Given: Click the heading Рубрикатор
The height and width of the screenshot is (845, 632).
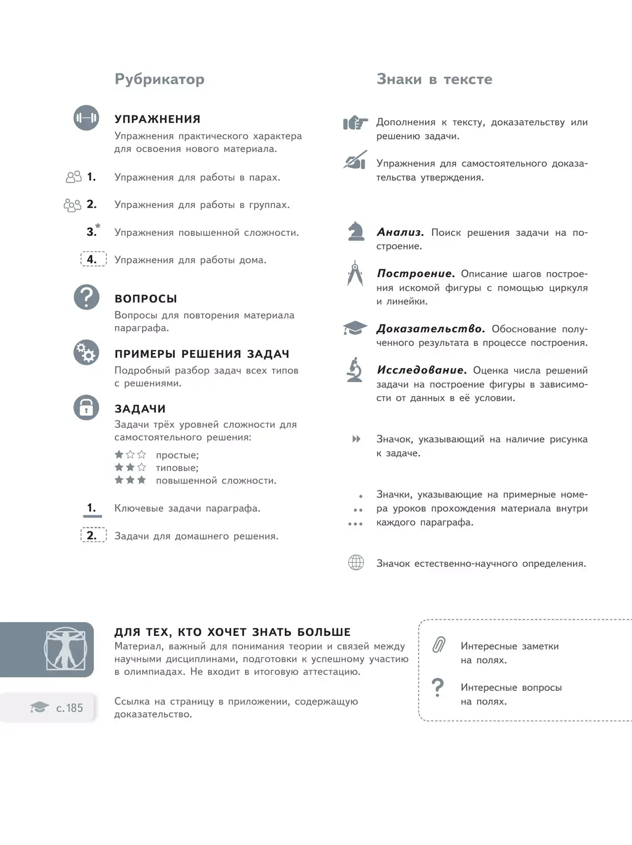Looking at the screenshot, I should click(160, 80).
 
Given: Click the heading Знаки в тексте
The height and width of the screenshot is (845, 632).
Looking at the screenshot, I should click(434, 80).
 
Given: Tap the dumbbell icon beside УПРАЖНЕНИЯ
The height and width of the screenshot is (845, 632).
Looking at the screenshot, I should click(86, 117).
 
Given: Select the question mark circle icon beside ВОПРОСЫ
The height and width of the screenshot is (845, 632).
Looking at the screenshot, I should click(86, 297).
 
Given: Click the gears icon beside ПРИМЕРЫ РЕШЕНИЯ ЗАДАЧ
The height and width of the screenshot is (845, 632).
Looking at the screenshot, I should click(86, 352).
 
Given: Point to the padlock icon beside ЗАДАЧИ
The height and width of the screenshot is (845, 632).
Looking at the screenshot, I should click(86, 407).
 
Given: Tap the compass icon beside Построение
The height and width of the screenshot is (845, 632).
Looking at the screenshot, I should click(355, 273).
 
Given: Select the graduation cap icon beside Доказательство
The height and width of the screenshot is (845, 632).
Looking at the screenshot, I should click(355, 328).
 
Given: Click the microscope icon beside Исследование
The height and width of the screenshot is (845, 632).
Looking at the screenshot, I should click(355, 370).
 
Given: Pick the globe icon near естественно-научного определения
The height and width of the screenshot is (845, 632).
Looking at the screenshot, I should click(356, 563).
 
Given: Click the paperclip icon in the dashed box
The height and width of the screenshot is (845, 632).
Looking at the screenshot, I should click(439, 645).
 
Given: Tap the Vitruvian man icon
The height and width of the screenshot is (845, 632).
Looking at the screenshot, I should click(66, 649).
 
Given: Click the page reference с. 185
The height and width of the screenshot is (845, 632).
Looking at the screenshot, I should click(70, 708).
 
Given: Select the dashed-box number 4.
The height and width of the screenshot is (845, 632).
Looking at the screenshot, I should click(93, 259).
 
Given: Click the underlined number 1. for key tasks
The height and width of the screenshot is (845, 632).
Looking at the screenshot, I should click(92, 508).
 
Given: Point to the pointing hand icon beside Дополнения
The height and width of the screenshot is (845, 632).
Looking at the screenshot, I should click(355, 123).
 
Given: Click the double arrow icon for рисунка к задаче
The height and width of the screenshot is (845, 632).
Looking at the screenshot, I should click(357, 439).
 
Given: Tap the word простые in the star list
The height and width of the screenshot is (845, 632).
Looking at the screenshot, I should click(177, 455).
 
